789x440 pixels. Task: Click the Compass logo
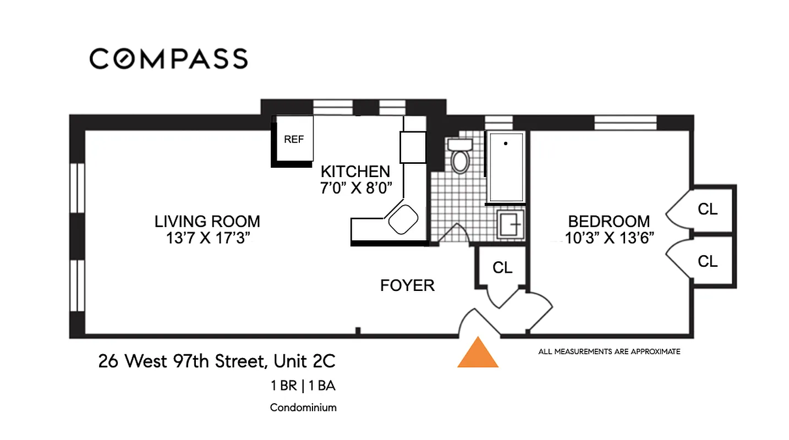click(168, 58)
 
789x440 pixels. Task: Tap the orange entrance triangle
click(478, 354)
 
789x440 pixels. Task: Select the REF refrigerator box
click(294, 139)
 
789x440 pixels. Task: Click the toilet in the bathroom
click(459, 156)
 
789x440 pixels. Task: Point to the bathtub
click(506, 167)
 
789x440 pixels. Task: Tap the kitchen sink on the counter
click(403, 219)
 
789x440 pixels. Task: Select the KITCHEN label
click(355, 171)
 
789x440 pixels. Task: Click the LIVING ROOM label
click(207, 222)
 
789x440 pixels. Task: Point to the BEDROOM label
click(609, 222)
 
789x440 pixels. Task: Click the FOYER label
click(407, 285)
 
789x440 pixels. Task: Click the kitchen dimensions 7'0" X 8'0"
click(355, 188)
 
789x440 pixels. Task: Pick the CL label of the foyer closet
click(502, 268)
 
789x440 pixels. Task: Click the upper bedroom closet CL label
click(708, 210)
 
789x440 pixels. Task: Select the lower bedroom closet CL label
click(708, 261)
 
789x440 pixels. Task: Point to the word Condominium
click(303, 408)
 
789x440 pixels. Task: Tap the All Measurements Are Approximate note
click(609, 351)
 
